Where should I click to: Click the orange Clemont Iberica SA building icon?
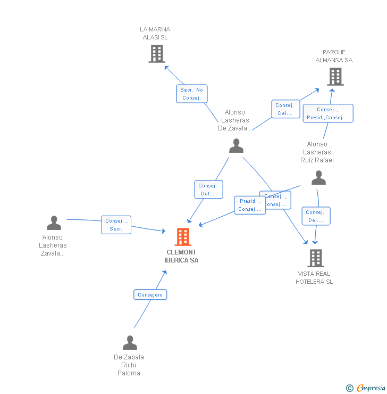pyautogui.click(x=182, y=237)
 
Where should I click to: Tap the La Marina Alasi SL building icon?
pyautogui.click(x=156, y=54)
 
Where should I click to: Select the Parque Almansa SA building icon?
pyautogui.click(x=335, y=77)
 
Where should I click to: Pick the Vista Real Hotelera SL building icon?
pyautogui.click(x=315, y=258)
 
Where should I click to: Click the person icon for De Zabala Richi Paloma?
pyautogui.click(x=130, y=343)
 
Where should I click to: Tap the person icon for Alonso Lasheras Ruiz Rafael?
pyautogui.click(x=318, y=178)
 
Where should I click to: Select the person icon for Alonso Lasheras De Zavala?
pyautogui.click(x=236, y=146)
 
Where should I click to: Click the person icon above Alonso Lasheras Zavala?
pyautogui.click(x=54, y=223)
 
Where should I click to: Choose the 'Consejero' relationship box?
pyautogui.click(x=150, y=294)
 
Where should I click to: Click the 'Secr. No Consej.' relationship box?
pyautogui.click(x=191, y=94)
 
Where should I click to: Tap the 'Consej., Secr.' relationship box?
pyautogui.click(x=116, y=225)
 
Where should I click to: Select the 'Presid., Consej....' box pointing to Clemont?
pyautogui.click(x=249, y=205)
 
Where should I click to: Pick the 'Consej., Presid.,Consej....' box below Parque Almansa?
pyautogui.click(x=327, y=113)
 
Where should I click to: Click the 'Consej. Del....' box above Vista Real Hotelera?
pyautogui.click(x=316, y=216)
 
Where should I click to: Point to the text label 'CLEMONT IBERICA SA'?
pyautogui.click(x=181, y=256)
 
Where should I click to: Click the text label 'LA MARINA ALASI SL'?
pyautogui.click(x=155, y=33)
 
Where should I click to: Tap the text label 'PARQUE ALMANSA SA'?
pyautogui.click(x=334, y=56)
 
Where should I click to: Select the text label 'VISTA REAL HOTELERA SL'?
pyautogui.click(x=314, y=277)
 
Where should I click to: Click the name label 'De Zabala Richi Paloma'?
pyautogui.click(x=129, y=365)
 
